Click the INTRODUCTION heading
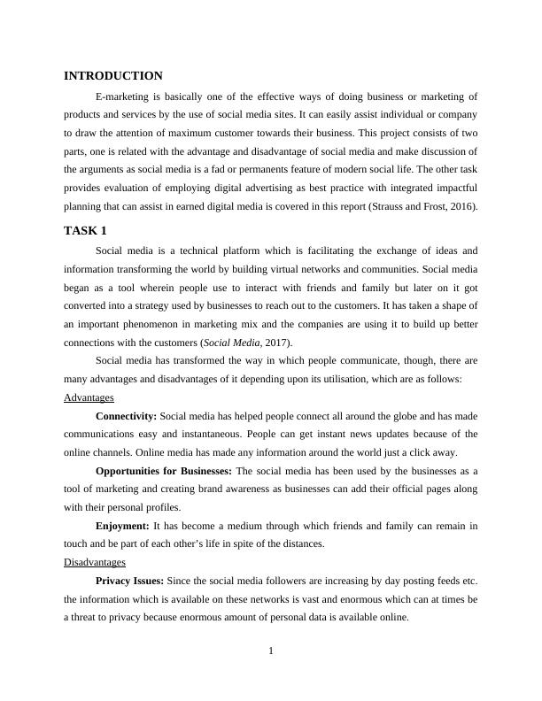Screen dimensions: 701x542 [113, 76]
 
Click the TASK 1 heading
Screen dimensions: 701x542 [85, 231]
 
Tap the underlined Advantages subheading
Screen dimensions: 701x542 [89, 397]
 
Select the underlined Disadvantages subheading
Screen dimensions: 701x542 [95, 562]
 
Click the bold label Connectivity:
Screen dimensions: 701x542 [126, 415]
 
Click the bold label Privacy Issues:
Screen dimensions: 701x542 [130, 581]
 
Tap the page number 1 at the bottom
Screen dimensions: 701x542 [271, 652]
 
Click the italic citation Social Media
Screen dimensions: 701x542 [228, 343]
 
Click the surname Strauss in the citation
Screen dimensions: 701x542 [399, 207]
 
